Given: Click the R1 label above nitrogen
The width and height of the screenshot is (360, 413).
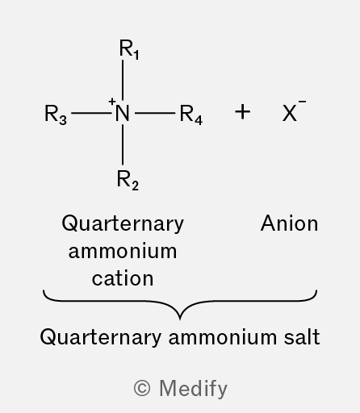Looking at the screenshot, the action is point(129,49).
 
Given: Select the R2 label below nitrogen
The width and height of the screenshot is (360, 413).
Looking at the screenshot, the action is point(128,180).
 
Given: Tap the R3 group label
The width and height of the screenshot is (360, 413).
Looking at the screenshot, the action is point(56,115).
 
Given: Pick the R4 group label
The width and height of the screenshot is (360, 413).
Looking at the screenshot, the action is point(191,115).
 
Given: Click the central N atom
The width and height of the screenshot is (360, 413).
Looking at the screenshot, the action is point(123,113).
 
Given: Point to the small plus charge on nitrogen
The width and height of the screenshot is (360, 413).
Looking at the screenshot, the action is point(112,102).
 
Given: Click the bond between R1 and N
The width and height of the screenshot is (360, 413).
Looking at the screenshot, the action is point(123,80).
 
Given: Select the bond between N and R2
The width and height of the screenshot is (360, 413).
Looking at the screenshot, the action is point(123,144).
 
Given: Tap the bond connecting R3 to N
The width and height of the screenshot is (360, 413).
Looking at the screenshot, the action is point(91,113).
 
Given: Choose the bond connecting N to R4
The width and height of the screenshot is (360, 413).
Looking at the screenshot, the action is point(155,113).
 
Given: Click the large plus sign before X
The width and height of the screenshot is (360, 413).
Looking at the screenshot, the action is point(242,112).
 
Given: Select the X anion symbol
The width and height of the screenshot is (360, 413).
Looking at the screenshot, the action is point(290,113).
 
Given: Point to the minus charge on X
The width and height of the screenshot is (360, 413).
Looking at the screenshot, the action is point(302,102).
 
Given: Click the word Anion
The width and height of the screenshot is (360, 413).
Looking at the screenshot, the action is point(290,223).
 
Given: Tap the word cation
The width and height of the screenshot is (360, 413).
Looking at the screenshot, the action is point(123,278).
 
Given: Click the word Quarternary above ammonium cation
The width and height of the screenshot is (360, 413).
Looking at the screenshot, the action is point(123,224).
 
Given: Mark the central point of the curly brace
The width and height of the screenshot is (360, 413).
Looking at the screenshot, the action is point(180,319).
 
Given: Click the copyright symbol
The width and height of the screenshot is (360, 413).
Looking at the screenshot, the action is point(142,388).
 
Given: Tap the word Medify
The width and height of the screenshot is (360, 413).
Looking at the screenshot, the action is point(194,389).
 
